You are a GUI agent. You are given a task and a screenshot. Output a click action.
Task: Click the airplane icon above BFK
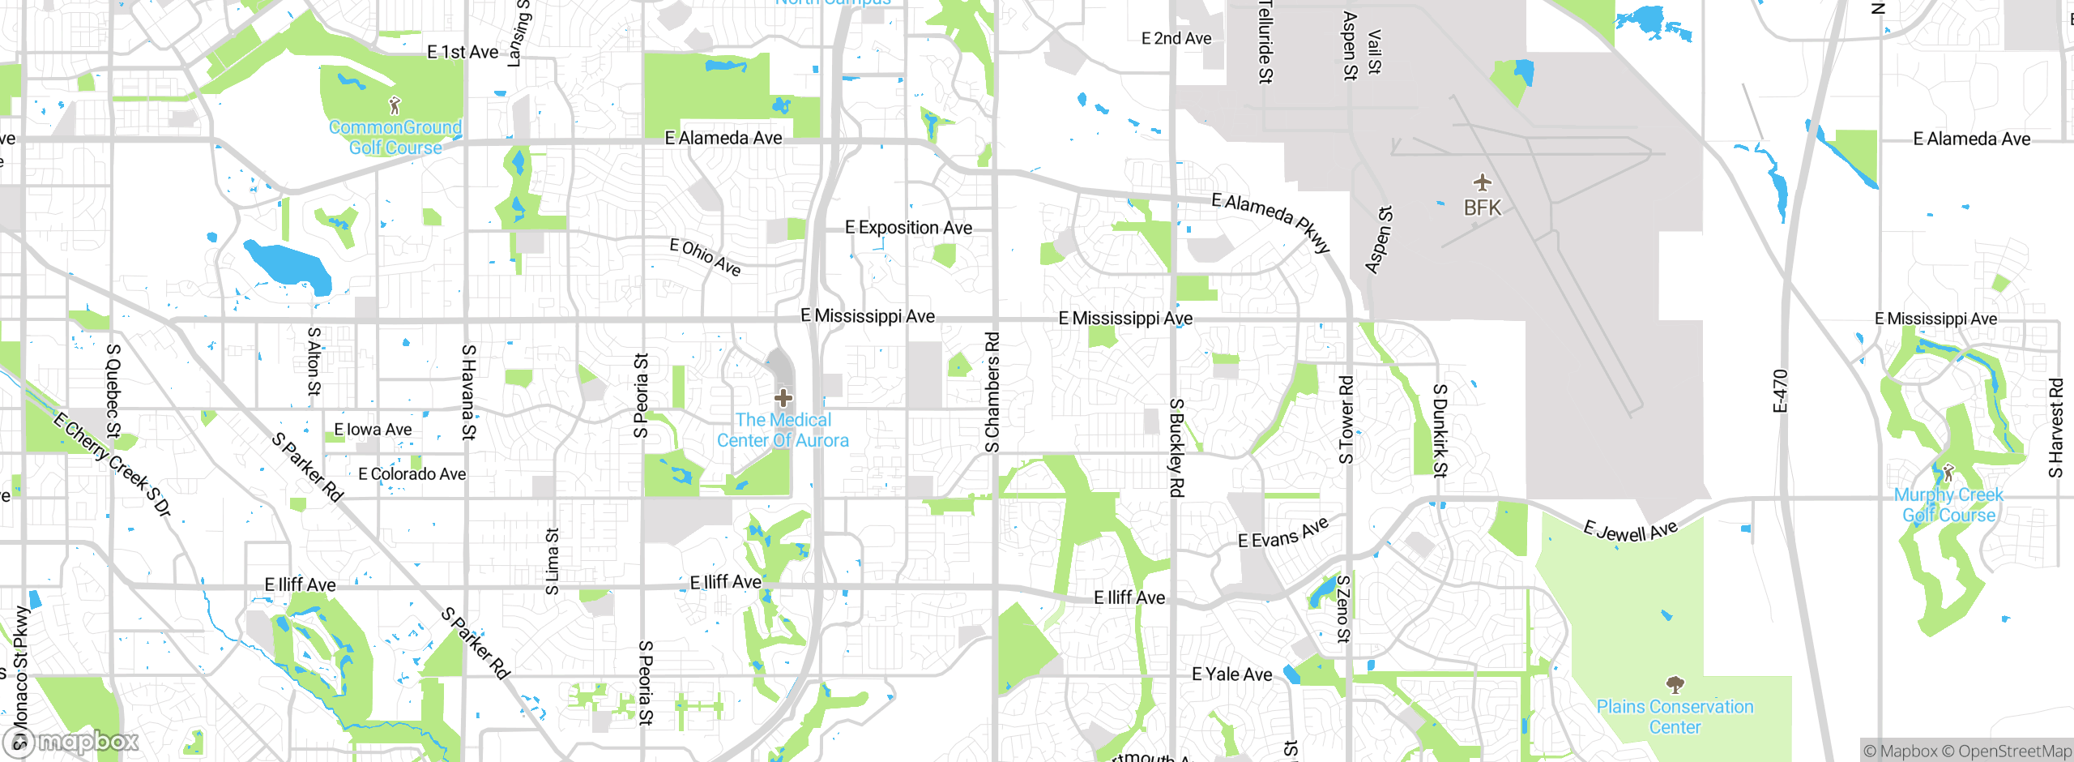pyautogui.click(x=1482, y=182)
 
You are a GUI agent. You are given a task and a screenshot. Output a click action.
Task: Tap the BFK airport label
pyautogui.click(x=1482, y=208)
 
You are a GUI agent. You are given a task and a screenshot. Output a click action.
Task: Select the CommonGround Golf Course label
pyautogui.click(x=395, y=138)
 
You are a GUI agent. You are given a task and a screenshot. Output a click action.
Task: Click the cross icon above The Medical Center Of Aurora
pyautogui.click(x=783, y=398)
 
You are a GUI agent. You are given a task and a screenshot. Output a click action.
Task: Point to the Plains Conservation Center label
pyautogui.click(x=1675, y=717)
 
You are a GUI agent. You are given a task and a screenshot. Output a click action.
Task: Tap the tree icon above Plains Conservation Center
pyautogui.click(x=1675, y=686)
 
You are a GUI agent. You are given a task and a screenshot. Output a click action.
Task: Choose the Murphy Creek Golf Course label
pyautogui.click(x=1948, y=505)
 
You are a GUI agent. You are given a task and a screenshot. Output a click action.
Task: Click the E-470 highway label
pyautogui.click(x=1780, y=391)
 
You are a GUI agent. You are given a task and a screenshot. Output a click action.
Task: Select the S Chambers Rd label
pyautogui.click(x=992, y=392)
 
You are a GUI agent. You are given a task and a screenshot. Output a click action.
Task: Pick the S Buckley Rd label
pyautogui.click(x=1176, y=447)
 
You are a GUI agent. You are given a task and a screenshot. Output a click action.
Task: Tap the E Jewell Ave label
pyautogui.click(x=1630, y=532)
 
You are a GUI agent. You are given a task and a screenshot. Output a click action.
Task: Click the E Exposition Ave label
pyautogui.click(x=908, y=228)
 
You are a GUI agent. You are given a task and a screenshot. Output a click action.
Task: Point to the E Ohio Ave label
pyautogui.click(x=705, y=257)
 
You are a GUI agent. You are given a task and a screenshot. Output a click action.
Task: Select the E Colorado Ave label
pyautogui.click(x=412, y=474)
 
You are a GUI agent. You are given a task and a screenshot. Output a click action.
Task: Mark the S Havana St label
pyautogui.click(x=468, y=392)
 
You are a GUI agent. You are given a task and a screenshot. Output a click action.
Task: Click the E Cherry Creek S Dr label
pyautogui.click(x=113, y=464)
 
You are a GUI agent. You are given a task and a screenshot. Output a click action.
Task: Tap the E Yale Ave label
pyautogui.click(x=1231, y=674)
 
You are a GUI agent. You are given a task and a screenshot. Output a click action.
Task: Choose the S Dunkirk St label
pyautogui.click(x=1440, y=430)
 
